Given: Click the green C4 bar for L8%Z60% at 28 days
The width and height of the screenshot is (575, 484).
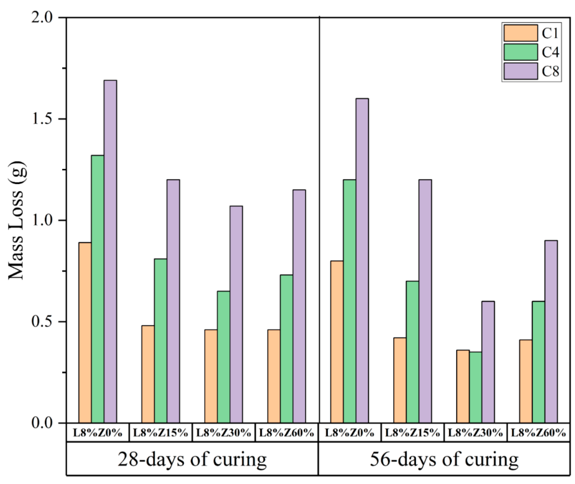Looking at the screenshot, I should (x=286, y=348).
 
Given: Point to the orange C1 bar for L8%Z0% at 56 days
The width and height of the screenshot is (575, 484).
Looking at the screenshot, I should (x=337, y=342).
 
